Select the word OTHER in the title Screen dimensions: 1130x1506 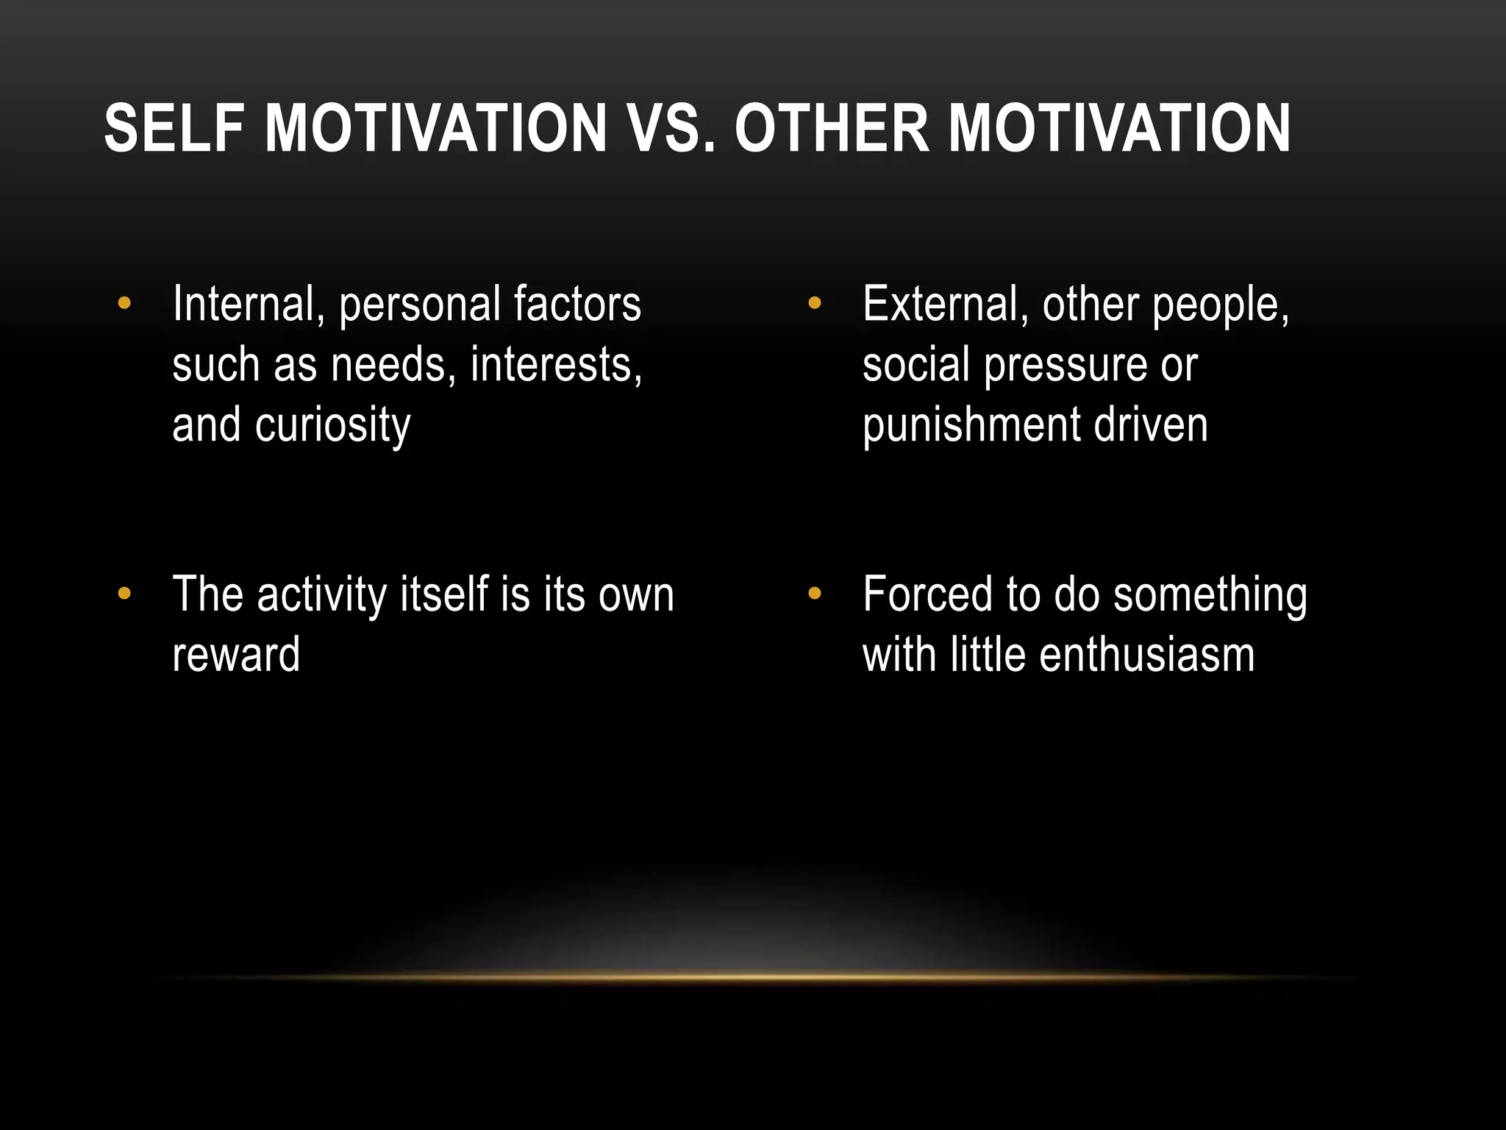coord(832,129)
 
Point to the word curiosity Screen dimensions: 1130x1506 coord(332,426)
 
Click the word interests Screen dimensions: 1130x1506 coord(556,365)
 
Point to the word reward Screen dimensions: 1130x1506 coord(236,655)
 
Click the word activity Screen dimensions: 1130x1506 coord(322,594)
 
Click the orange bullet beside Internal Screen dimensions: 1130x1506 coord(124,302)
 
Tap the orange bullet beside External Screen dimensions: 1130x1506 coord(814,302)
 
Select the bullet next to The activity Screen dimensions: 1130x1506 coord(124,593)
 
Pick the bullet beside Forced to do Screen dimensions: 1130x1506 coord(814,593)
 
